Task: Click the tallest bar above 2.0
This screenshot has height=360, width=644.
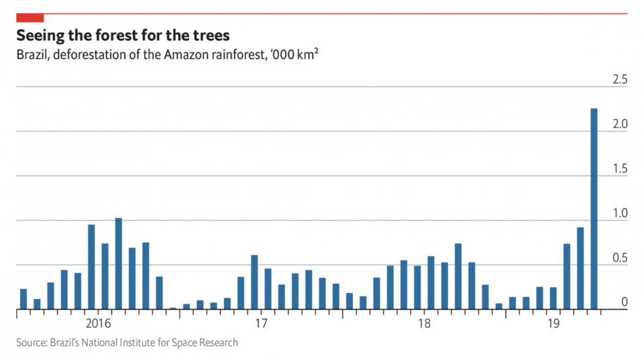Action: tap(594, 208)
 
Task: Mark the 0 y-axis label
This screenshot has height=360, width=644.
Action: tap(624, 302)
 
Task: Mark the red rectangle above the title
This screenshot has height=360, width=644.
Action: tap(30, 17)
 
